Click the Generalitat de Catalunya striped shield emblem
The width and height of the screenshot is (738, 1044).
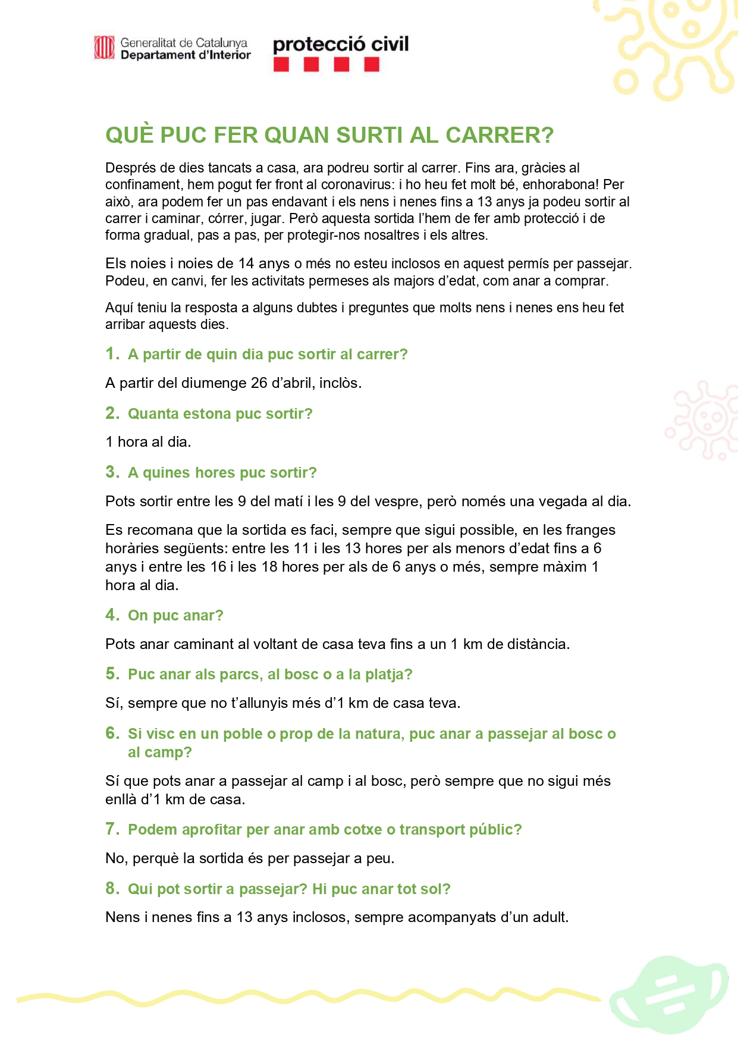click(104, 48)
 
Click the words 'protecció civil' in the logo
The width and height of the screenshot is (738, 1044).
click(341, 45)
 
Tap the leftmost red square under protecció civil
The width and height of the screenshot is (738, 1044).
click(281, 64)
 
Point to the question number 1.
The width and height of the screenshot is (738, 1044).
click(111, 353)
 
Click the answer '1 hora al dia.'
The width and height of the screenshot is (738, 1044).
click(148, 441)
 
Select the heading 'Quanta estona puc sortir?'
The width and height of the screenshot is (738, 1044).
click(220, 413)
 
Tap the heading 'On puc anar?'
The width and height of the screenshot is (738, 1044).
click(175, 615)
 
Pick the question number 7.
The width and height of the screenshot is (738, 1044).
click(111, 829)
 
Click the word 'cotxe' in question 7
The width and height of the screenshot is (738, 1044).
click(364, 829)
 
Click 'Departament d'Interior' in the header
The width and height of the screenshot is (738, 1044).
click(186, 55)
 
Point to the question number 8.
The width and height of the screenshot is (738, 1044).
click(111, 888)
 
